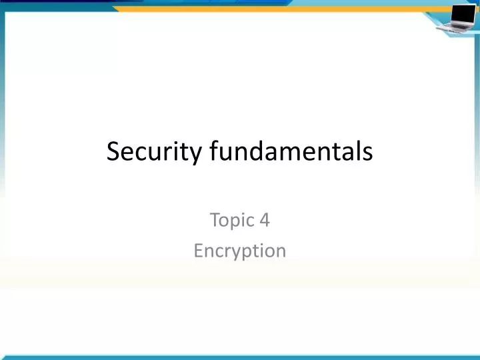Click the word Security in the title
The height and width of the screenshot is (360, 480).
[155, 152]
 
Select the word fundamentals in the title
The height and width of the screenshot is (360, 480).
[291, 152]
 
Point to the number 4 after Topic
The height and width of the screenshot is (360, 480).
[265, 220]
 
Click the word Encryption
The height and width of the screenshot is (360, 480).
[240, 251]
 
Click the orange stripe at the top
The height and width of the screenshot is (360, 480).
[267, 9]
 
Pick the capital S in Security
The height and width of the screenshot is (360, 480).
[113, 152]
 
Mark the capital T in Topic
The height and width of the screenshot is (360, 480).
[215, 220]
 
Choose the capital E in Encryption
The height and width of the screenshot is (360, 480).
[198, 251]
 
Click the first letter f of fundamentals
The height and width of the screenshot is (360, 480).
[213, 152]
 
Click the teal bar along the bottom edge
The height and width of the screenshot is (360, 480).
[240, 357]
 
